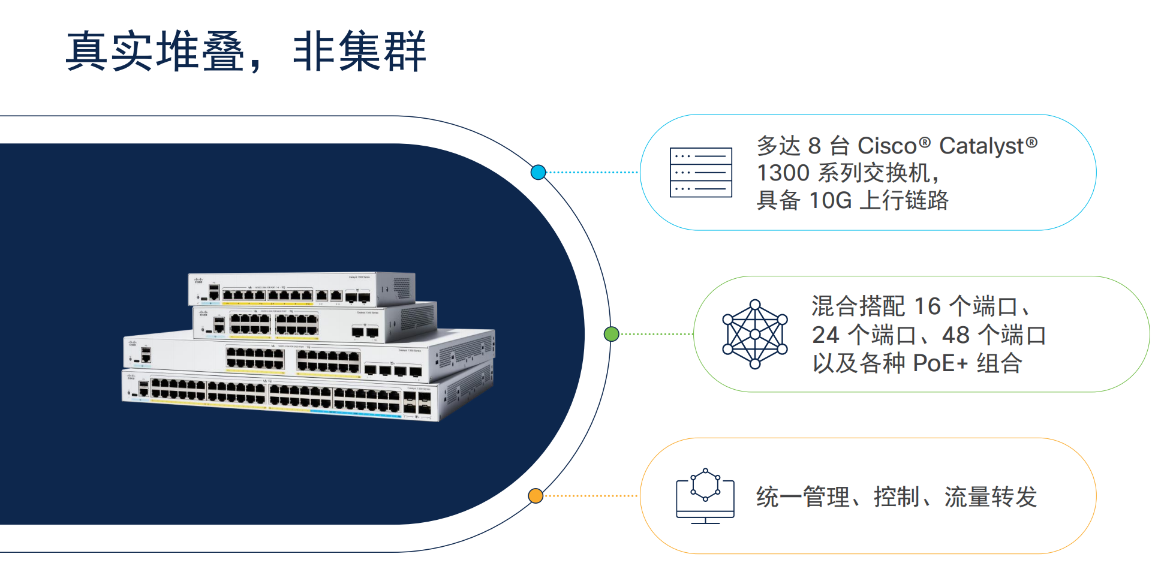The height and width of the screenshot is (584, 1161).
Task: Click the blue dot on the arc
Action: [x=538, y=173]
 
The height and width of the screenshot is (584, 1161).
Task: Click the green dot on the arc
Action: [x=611, y=334]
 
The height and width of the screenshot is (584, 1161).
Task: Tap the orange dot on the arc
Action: [x=536, y=496]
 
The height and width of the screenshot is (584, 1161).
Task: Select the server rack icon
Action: [x=700, y=173]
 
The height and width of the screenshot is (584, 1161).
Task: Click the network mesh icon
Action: [x=755, y=334]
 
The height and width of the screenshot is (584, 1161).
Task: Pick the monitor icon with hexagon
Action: [x=705, y=496]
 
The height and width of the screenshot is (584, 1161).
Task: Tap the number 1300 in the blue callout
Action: [x=783, y=173]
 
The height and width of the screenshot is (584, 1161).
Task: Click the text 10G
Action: [x=830, y=200]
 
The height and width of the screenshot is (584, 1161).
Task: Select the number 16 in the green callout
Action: [x=927, y=306]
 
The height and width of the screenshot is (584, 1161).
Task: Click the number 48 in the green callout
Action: [x=955, y=335]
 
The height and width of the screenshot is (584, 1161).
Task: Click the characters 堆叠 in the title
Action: [x=201, y=52]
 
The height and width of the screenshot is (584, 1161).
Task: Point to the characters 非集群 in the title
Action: [x=359, y=52]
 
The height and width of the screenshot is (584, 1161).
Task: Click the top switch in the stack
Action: [x=300, y=289]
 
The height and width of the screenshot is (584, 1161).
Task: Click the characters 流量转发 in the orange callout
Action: [x=990, y=497]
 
